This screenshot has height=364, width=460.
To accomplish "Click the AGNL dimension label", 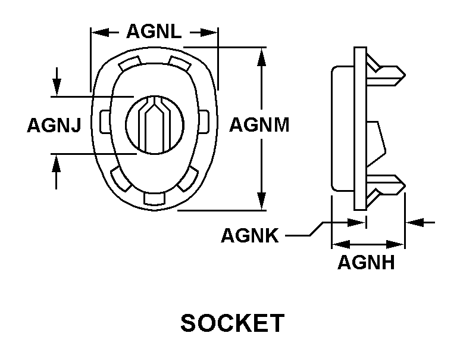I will pyautogui.click(x=154, y=32).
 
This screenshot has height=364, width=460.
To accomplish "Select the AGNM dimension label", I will pyautogui.click(x=259, y=125).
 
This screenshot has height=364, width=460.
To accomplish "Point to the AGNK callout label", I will pyautogui.click(x=249, y=236).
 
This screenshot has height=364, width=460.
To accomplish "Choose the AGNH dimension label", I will pyautogui.click(x=366, y=262).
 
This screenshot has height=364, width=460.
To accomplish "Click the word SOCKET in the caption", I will pyautogui.click(x=232, y=323).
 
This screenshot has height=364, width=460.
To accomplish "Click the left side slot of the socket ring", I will pyautogui.click(x=105, y=122).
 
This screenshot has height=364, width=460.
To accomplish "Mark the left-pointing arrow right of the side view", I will pyautogui.click(x=417, y=222).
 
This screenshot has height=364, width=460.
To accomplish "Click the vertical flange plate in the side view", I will pyautogui.click(x=359, y=129).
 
